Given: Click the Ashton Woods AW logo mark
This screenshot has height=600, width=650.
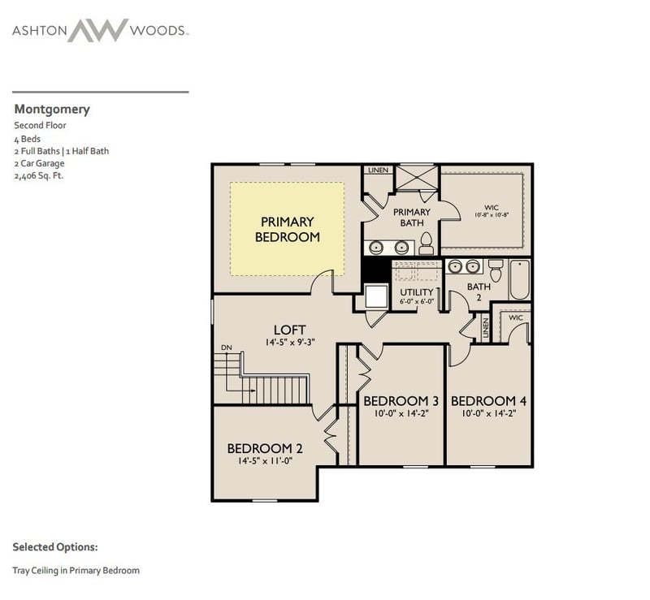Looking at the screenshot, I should tap(97, 30).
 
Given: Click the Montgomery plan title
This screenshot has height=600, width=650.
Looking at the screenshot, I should tap(52, 110).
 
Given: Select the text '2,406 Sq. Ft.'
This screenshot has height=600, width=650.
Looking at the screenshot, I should tap(38, 175).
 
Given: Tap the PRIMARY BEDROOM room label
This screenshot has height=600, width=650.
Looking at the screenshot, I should tap(287, 229).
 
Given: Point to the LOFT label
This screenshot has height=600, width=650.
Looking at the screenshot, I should tap(289, 330).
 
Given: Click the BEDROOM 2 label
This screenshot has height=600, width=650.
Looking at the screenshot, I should tap(265, 448).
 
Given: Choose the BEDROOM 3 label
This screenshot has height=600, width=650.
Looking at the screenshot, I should tap(401, 401).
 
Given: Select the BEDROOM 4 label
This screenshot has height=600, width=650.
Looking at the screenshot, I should tap(489, 401).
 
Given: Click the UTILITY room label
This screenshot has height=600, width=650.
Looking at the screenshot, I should tap(416, 291).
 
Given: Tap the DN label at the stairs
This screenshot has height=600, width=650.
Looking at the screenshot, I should tap(226, 347).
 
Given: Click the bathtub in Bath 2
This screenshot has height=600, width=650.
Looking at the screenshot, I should tap(519, 279).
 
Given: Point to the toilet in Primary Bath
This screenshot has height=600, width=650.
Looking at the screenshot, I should tap(427, 243).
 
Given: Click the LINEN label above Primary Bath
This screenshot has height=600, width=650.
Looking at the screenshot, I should tap(378, 171).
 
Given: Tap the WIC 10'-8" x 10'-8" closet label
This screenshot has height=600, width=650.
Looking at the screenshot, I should tap(491, 211).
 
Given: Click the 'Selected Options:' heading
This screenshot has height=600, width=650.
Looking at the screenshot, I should tap(55, 547).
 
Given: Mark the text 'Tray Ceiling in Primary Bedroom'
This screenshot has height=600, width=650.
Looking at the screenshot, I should tap(76, 571).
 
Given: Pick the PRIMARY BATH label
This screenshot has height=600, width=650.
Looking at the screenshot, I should tap(411, 217).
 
